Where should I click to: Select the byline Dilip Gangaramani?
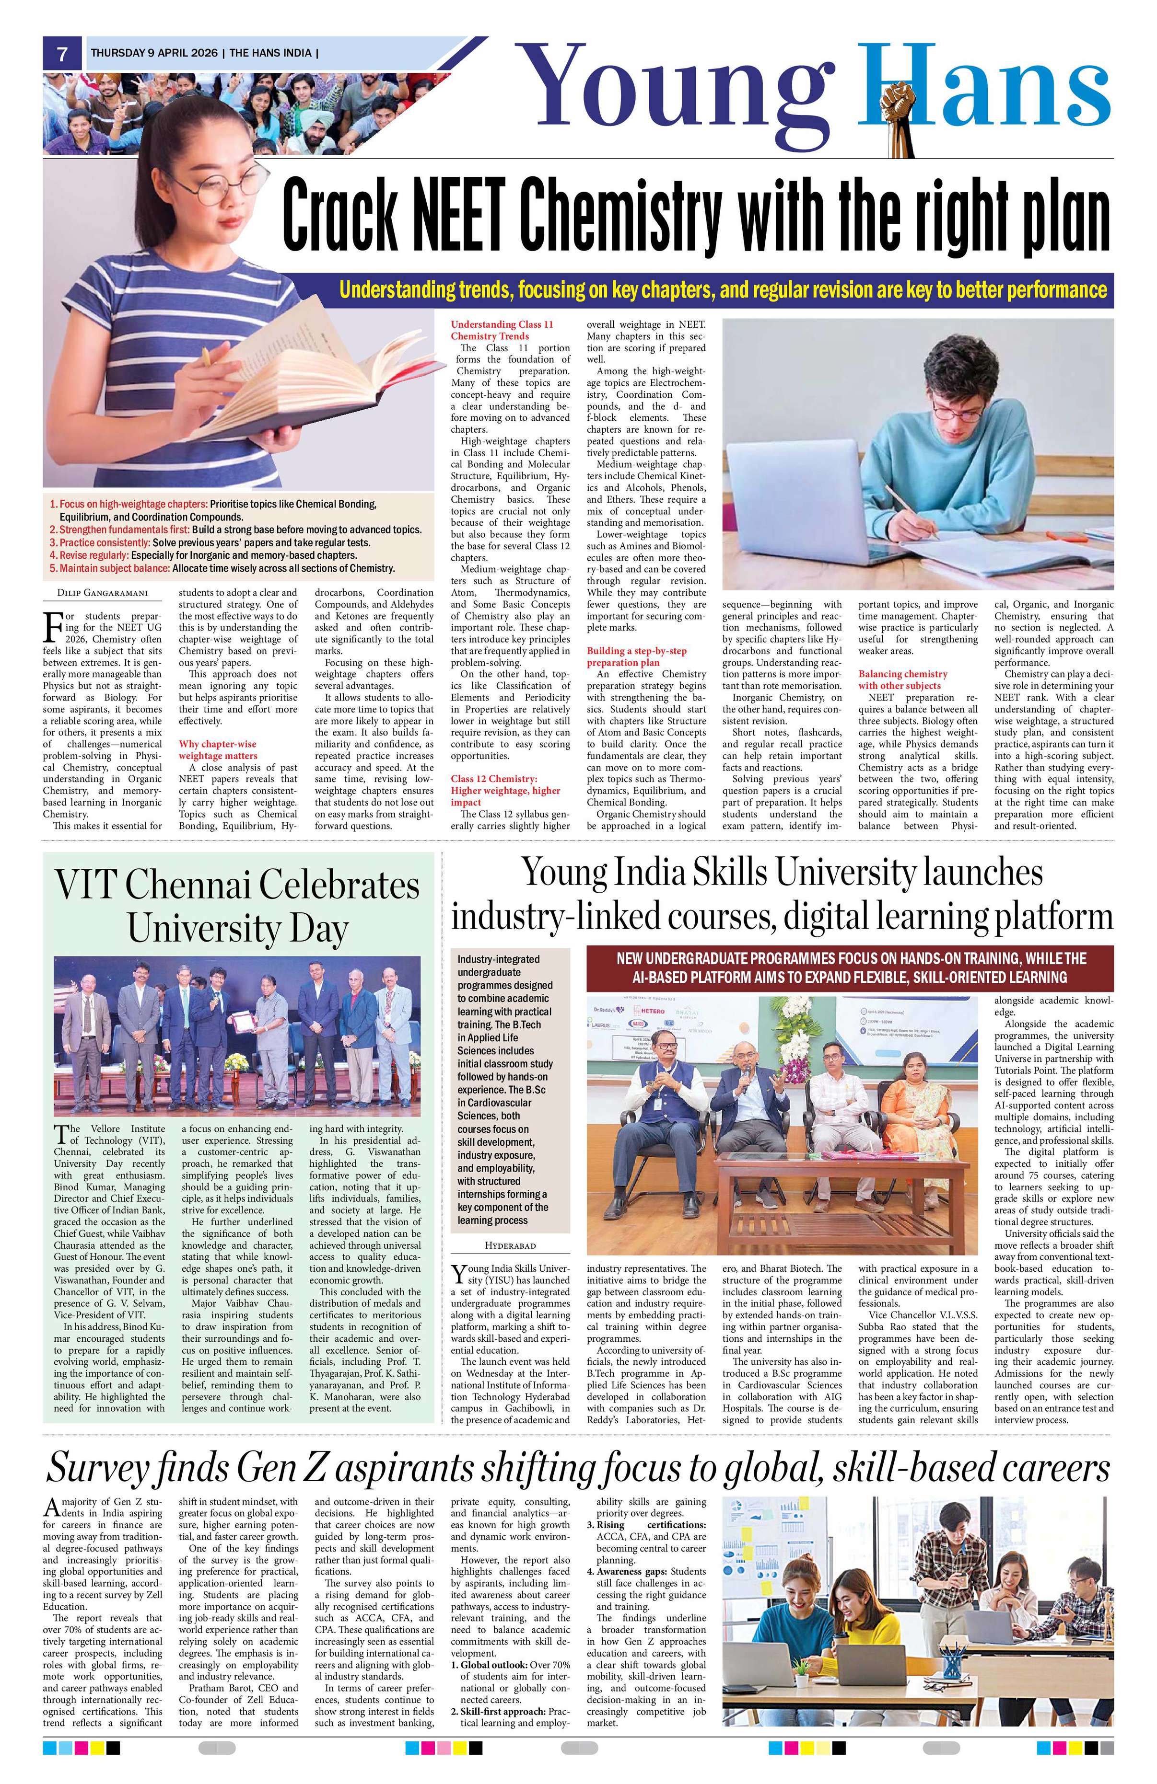click(x=103, y=594)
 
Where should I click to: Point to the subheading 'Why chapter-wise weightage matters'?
click(x=218, y=749)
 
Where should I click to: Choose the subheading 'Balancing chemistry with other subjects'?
click(x=903, y=679)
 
